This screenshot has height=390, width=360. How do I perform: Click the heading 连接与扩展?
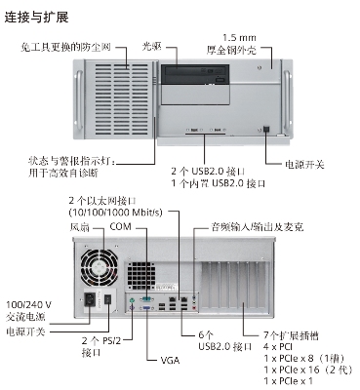[x=36, y=18]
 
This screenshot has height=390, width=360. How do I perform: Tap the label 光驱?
[x=152, y=46]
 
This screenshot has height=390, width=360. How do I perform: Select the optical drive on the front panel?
[x=195, y=75]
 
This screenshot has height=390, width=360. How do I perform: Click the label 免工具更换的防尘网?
[x=65, y=47]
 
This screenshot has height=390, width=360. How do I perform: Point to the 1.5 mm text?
[x=239, y=38]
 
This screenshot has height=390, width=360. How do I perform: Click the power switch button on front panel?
[x=266, y=129]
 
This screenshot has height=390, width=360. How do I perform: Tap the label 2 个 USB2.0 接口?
[x=208, y=171]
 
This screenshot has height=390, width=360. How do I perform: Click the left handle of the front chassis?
[x=79, y=99]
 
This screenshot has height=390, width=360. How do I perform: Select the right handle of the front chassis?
[x=287, y=100]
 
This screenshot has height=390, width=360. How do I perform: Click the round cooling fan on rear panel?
[x=100, y=268]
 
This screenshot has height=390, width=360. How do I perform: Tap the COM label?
[x=120, y=226]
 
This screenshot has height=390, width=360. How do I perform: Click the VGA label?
[x=170, y=360]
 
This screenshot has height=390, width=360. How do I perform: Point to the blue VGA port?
[x=146, y=308]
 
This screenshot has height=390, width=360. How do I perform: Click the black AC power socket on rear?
[x=90, y=299]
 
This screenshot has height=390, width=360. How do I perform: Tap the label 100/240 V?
[x=29, y=305]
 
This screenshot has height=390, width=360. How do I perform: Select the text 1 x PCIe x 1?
[x=288, y=380]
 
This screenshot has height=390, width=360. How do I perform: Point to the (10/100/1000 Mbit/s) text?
[x=115, y=213]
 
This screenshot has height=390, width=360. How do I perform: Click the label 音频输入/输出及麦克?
[x=258, y=226]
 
